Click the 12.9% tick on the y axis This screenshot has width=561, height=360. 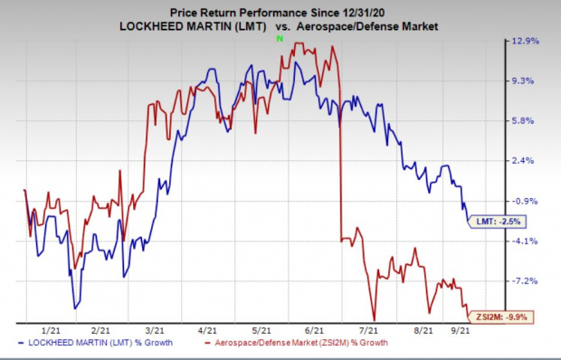[x=528, y=41]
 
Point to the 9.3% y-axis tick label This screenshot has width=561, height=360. [x=528, y=81]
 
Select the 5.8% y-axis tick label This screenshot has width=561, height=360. [x=528, y=121]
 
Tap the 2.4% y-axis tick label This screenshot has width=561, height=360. [x=528, y=161]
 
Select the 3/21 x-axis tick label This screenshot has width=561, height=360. [x=154, y=331]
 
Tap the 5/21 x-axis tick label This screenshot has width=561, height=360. [x=261, y=331]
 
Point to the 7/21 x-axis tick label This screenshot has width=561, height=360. [x=367, y=331]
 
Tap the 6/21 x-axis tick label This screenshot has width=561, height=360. [x=314, y=331]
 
